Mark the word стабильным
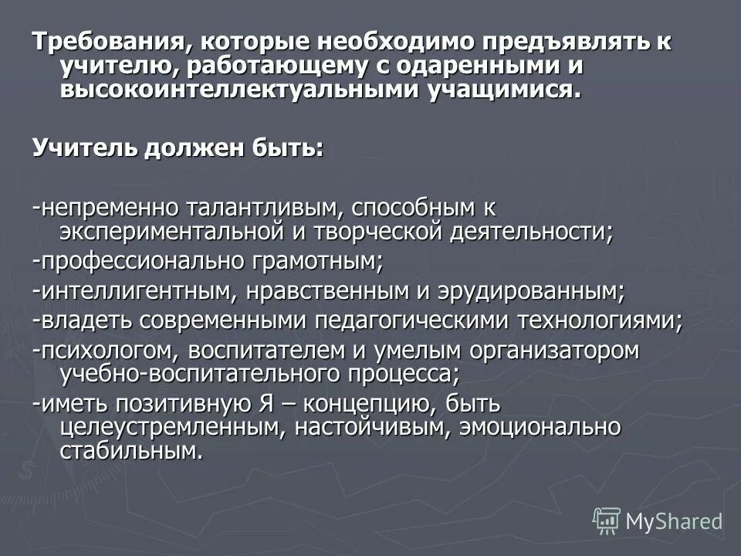[131, 451]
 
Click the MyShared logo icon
[607, 520]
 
